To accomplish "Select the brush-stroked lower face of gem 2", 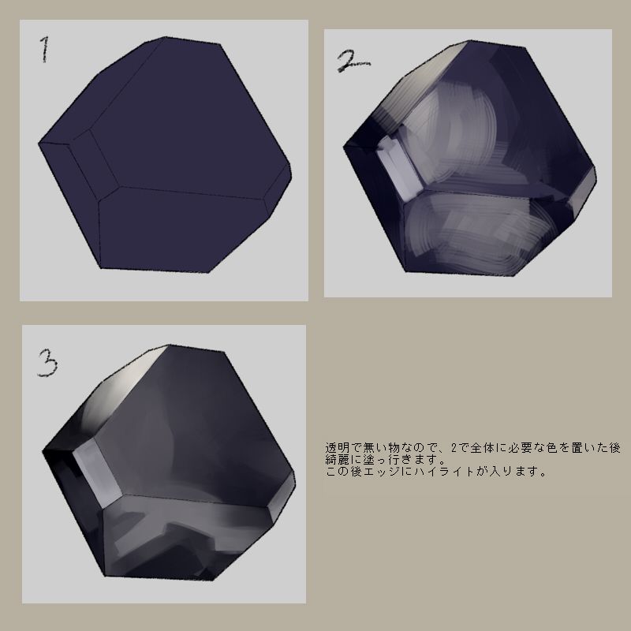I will [x=481, y=237].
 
